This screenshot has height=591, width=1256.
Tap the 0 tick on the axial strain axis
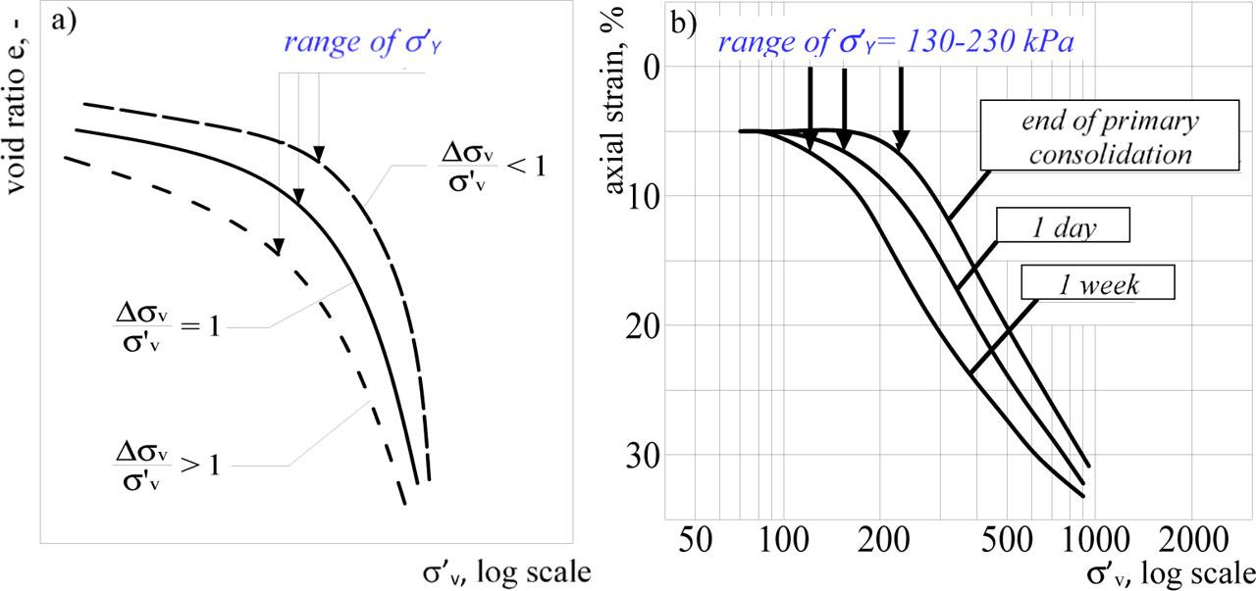(652, 66)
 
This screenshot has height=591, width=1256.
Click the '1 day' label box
(1063, 225)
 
